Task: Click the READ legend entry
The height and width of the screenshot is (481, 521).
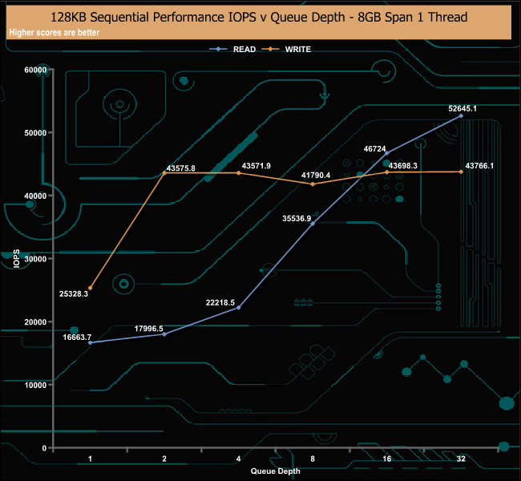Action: pos(232,49)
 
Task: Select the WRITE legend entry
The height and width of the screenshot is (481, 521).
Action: pos(286,49)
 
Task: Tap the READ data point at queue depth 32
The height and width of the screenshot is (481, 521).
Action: pos(461,115)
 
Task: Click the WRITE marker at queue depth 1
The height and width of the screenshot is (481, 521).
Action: pos(90,288)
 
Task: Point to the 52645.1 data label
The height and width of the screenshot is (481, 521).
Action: pos(462,108)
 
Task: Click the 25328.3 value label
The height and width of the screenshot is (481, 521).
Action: pos(74,294)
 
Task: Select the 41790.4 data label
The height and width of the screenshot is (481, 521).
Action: pos(316,176)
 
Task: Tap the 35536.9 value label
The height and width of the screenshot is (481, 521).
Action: pos(297,218)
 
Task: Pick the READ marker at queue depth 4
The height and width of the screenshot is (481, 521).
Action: pos(238,308)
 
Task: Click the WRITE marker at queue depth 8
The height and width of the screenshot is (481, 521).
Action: pos(313,184)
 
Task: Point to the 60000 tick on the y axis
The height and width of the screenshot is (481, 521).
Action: pos(35,70)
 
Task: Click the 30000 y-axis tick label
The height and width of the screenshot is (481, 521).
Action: pos(35,259)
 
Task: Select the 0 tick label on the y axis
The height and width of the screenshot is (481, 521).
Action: pos(44,448)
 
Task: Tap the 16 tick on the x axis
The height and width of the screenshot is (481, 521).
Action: pos(387,459)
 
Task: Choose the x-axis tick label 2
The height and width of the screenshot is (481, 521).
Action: pos(164,459)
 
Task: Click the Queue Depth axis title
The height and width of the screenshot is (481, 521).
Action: pos(276,471)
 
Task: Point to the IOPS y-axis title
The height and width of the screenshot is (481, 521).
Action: pos(16,259)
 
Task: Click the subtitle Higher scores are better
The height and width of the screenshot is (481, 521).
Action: pos(55,32)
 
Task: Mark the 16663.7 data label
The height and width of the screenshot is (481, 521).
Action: pos(77,337)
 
